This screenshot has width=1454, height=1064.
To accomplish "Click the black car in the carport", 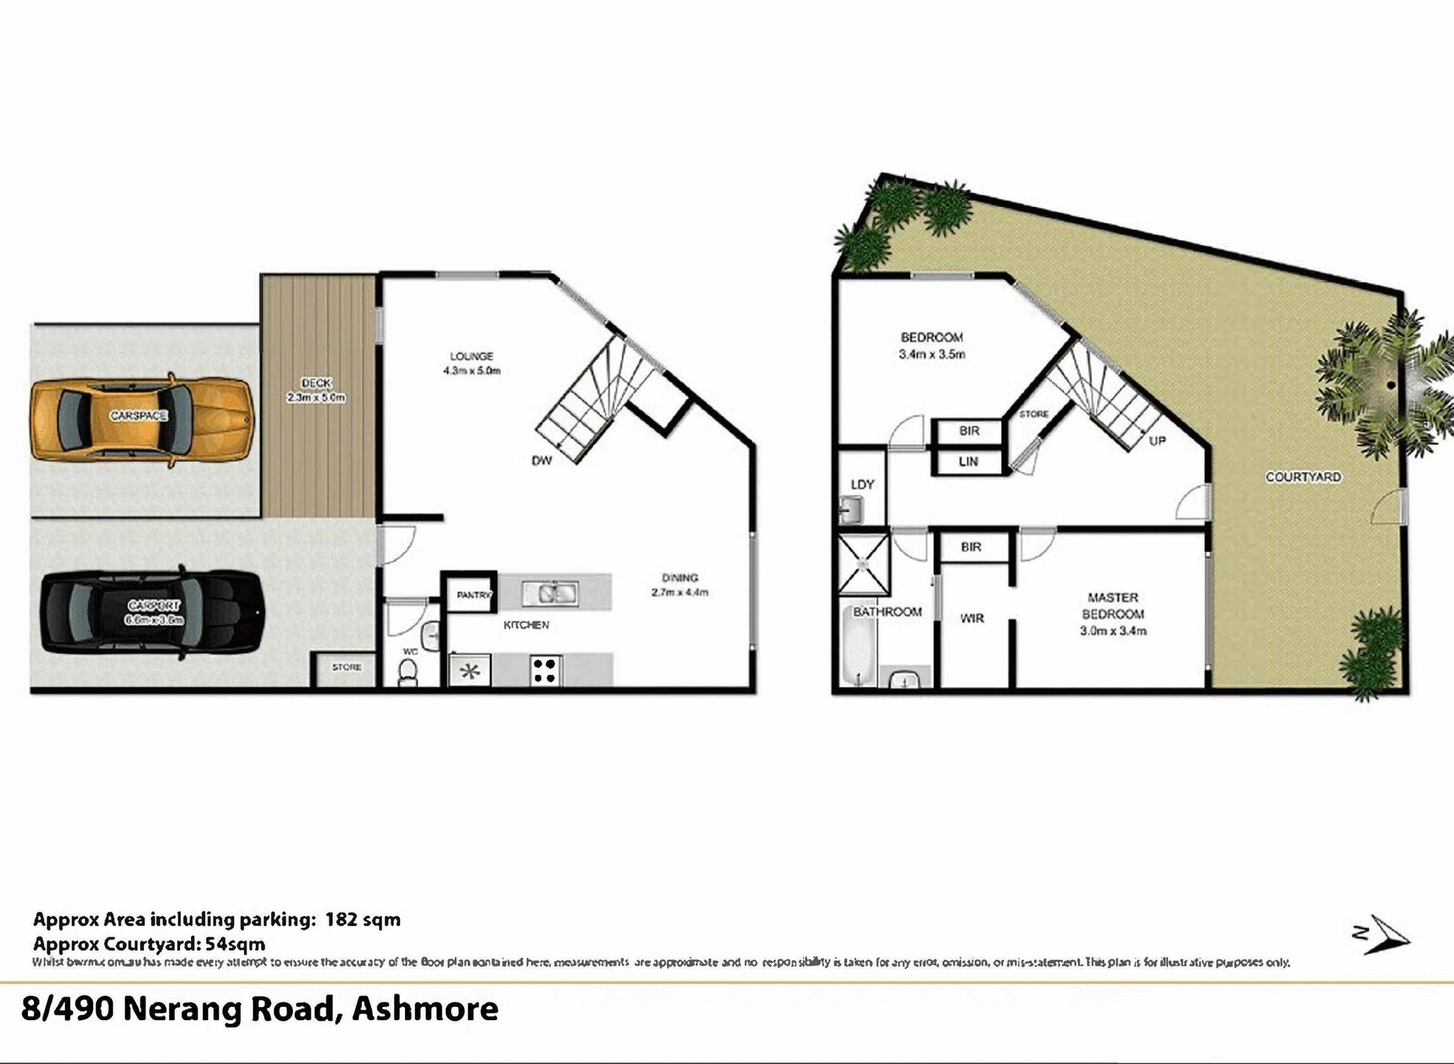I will tap(151, 613).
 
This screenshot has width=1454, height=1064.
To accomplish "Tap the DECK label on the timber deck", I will tap(316, 390).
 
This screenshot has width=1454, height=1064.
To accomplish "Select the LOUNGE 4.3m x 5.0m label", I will tap(471, 363).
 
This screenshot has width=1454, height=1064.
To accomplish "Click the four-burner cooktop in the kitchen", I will tap(544, 670).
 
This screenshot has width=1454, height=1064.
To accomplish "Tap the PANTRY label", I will tap(473, 595).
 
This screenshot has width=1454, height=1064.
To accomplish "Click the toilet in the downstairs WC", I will tap(407, 672).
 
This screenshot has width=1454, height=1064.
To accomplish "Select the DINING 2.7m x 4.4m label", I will tap(679, 585).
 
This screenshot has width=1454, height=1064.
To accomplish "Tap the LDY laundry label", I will tap(862, 484).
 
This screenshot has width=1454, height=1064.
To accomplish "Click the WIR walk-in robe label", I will tap(972, 619).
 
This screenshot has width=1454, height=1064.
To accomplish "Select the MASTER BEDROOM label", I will tap(1112, 613).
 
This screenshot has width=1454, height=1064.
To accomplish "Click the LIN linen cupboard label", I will tap(969, 461).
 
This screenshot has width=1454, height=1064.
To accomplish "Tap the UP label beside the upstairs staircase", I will tap(1157, 441).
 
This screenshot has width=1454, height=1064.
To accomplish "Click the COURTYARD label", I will tap(1303, 477).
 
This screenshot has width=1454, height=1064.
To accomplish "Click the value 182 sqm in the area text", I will tap(363, 919).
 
